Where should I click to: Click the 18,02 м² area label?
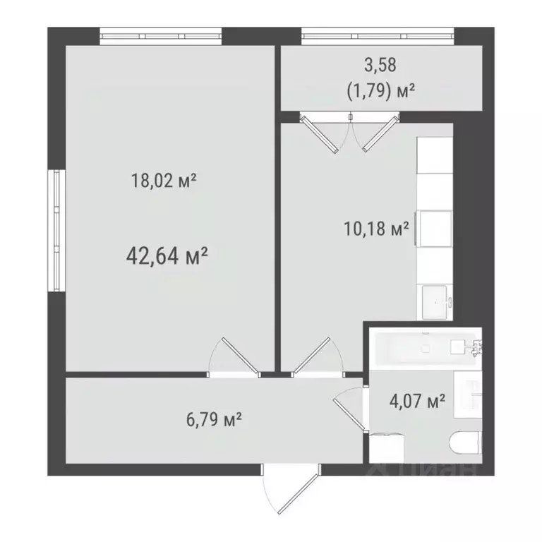coord(163,181)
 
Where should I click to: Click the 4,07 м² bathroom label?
coord(417,402)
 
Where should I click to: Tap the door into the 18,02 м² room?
coord(235,356)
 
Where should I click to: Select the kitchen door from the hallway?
coord(313,356)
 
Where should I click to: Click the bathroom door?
coord(349,409)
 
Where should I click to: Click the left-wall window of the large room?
coord(57,230)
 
